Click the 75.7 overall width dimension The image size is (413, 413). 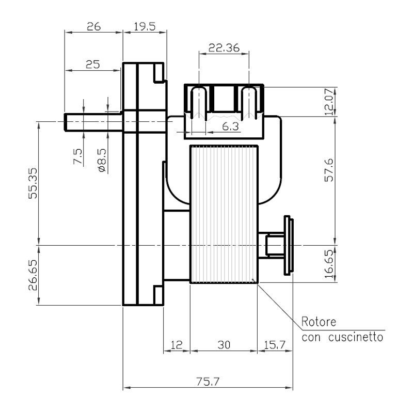[x=208, y=382]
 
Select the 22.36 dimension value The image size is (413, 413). [x=224, y=48]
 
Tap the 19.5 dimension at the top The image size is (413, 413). [x=145, y=27]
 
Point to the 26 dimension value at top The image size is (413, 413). [x=94, y=27]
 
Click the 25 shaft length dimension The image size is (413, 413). [x=93, y=64]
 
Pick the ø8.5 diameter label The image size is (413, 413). [x=103, y=161]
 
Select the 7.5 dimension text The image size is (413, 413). [x=78, y=156]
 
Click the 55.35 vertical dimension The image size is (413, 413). [x=33, y=183]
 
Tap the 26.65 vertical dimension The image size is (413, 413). [x=33, y=275]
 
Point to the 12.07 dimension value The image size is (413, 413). [x=329, y=102]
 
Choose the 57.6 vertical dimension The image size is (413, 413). [x=329, y=170]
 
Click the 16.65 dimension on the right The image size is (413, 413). [x=329, y=264]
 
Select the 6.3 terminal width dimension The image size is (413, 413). [x=230, y=126]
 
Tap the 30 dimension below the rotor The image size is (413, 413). [x=224, y=345]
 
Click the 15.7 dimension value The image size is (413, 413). [x=275, y=345]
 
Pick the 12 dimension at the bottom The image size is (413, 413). [x=176, y=345]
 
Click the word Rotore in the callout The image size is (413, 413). [x=319, y=322]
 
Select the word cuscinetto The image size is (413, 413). [x=356, y=338]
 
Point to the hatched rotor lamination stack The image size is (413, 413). [x=224, y=214]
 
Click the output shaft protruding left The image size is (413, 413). [x=93, y=122]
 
